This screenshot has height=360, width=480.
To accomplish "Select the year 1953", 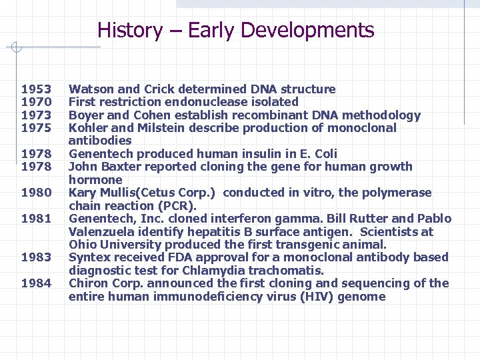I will click(x=36, y=89).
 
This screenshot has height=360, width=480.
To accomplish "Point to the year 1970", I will click(x=36, y=102).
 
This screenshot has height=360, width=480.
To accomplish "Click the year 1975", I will click(x=36, y=128).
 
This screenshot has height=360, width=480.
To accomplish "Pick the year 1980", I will click(x=36, y=193).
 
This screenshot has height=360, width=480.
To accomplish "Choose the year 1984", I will click(x=36, y=284).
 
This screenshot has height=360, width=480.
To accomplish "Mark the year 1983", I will click(x=36, y=258).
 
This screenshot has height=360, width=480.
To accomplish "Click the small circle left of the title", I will click(x=18, y=47).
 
